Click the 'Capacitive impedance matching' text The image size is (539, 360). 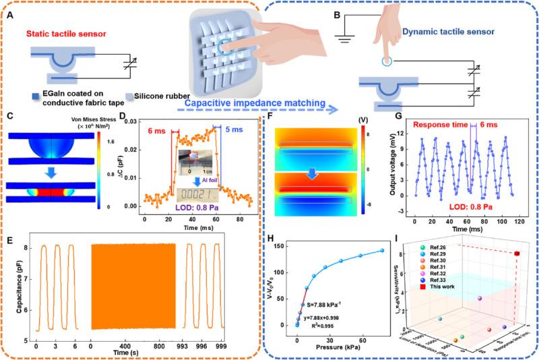point(251,103)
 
